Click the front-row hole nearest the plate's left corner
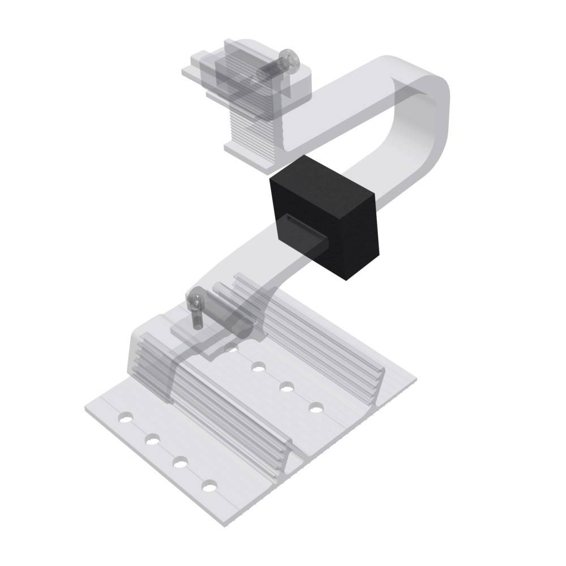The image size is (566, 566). (x=124, y=419)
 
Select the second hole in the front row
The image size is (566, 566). (x=152, y=440)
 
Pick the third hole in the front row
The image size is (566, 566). (x=181, y=462)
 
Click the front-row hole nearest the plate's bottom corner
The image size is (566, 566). (x=210, y=486)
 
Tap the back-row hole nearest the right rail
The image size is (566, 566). (x=315, y=408)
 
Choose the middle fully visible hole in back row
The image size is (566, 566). (x=286, y=387)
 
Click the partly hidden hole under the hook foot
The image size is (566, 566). (x=231, y=350)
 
